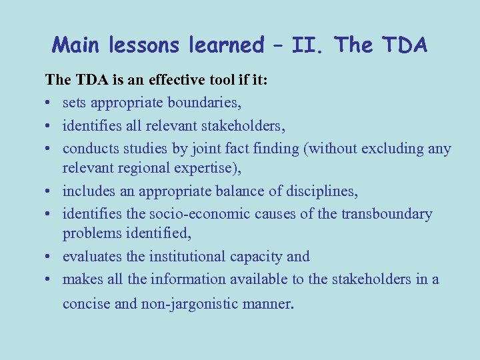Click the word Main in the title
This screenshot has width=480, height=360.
pos(74,45)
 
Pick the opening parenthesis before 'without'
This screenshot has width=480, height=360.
pos(306,148)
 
